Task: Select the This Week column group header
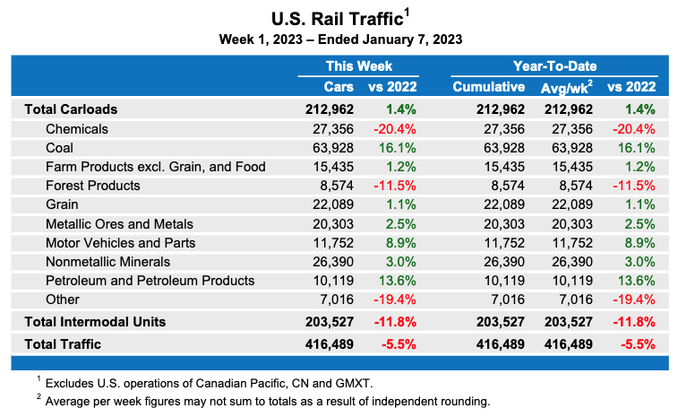pyautogui.click(x=358, y=65)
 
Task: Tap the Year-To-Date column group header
pyautogui.click(x=554, y=65)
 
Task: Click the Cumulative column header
pyautogui.click(x=489, y=87)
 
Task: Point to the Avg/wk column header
pyautogui.click(x=565, y=87)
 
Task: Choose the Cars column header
pyautogui.click(x=339, y=87)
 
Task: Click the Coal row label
pyautogui.click(x=59, y=148)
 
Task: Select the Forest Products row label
pyautogui.click(x=92, y=186)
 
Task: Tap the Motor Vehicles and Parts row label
pyautogui.click(x=119, y=242)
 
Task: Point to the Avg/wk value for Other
pyautogui.click(x=573, y=299)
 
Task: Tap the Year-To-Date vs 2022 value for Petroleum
pyautogui.click(x=633, y=280)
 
